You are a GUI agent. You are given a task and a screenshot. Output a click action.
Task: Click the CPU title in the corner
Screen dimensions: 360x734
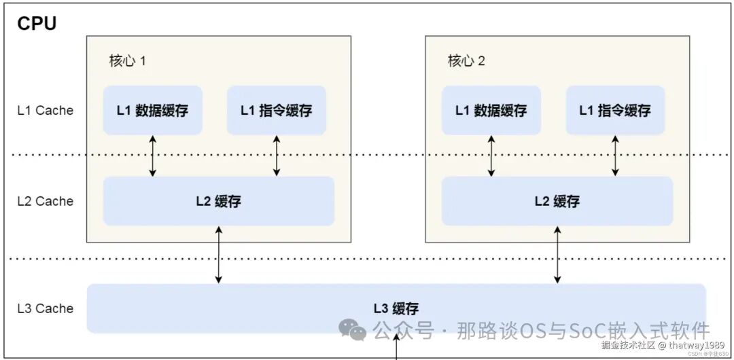pos(37,23)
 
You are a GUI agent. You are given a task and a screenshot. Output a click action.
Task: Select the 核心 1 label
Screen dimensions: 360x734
pos(128,60)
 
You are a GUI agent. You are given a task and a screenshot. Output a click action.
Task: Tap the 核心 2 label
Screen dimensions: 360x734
pos(466,60)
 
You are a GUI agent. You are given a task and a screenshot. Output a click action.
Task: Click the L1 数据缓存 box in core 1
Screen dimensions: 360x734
pos(152,110)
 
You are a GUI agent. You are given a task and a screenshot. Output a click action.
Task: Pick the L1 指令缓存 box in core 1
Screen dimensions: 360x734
pos(276,110)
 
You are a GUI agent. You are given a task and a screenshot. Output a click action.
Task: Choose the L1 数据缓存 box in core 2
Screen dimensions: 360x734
pos(491,110)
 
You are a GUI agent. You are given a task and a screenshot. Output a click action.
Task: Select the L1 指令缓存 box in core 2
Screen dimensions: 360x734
pos(614,110)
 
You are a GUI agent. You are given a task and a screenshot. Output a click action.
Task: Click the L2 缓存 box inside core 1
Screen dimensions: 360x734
pos(218,201)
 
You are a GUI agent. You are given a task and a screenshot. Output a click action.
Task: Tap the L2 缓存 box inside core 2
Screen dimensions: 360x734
pos(557,201)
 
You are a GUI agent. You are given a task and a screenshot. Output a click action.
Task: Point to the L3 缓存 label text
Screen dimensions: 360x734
pos(396,308)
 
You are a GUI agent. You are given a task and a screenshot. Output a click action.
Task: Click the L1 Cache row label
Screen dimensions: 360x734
pos(45,110)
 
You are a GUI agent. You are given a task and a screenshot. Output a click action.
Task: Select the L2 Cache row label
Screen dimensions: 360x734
pos(45,201)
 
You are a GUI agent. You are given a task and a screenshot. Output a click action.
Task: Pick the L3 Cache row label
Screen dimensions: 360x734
pos(45,308)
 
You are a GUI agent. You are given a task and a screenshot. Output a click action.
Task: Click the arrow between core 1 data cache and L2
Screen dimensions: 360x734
pos(152,156)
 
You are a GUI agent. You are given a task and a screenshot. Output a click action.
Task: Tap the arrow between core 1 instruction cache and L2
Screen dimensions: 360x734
pos(276,156)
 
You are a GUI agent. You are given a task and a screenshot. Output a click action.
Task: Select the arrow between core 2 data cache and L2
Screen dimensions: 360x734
pos(491,156)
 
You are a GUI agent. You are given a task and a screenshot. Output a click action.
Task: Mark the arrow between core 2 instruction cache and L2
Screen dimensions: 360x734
pos(615,156)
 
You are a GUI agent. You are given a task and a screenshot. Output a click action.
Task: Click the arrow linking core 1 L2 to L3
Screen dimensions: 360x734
pos(218,255)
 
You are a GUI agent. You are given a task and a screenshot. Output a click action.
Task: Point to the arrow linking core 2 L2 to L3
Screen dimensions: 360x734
pos(557,255)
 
